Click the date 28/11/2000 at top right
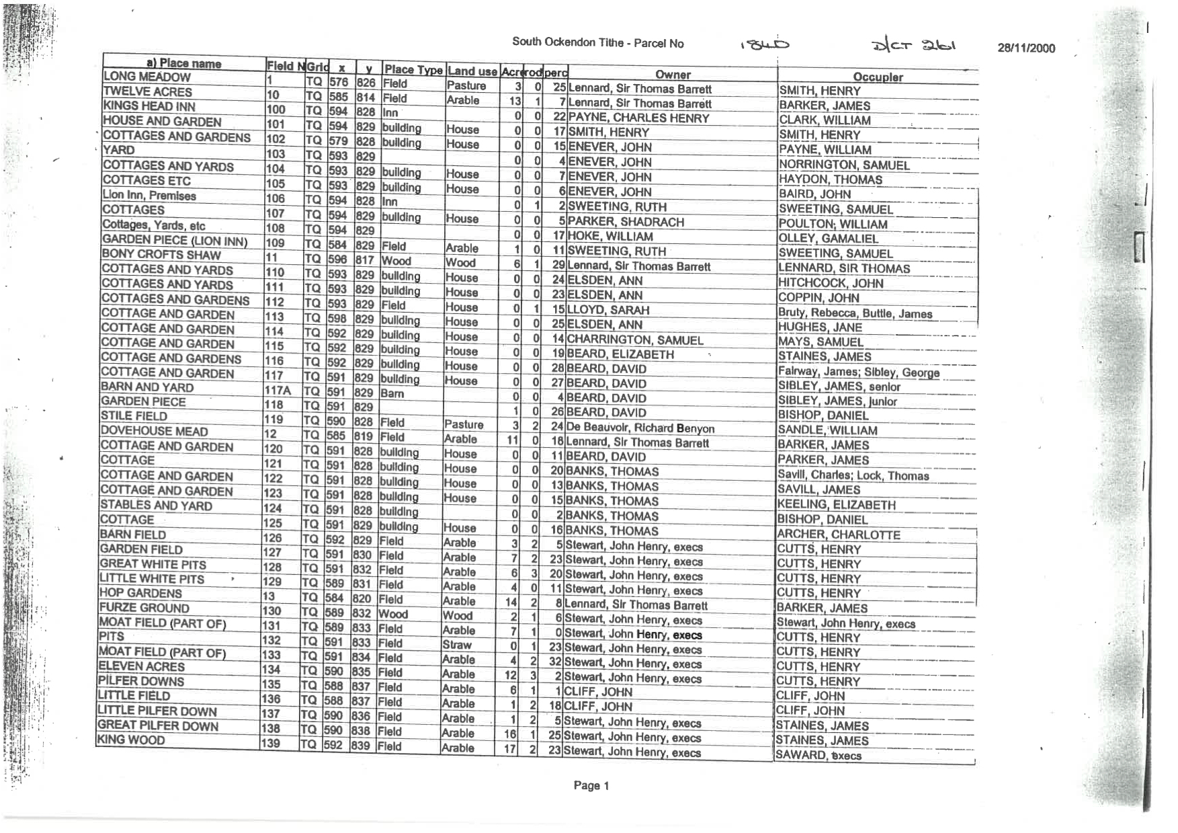pos(1026,48)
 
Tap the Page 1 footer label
pos(591,785)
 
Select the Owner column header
pos(673,75)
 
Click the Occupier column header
pos(878,77)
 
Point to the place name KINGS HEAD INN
pos(149,106)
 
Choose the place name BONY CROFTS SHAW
pos(161,255)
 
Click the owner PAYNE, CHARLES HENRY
pos(638,118)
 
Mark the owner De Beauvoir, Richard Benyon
pos(640,428)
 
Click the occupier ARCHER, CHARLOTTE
pos(838,535)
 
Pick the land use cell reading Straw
pos(457,645)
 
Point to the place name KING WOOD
pos(131,740)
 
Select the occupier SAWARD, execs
pos(818,755)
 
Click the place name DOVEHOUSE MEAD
pos(154,432)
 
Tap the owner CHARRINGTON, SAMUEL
pos(635,340)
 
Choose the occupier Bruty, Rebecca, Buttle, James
pos(855,313)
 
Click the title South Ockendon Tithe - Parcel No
pos(597,43)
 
